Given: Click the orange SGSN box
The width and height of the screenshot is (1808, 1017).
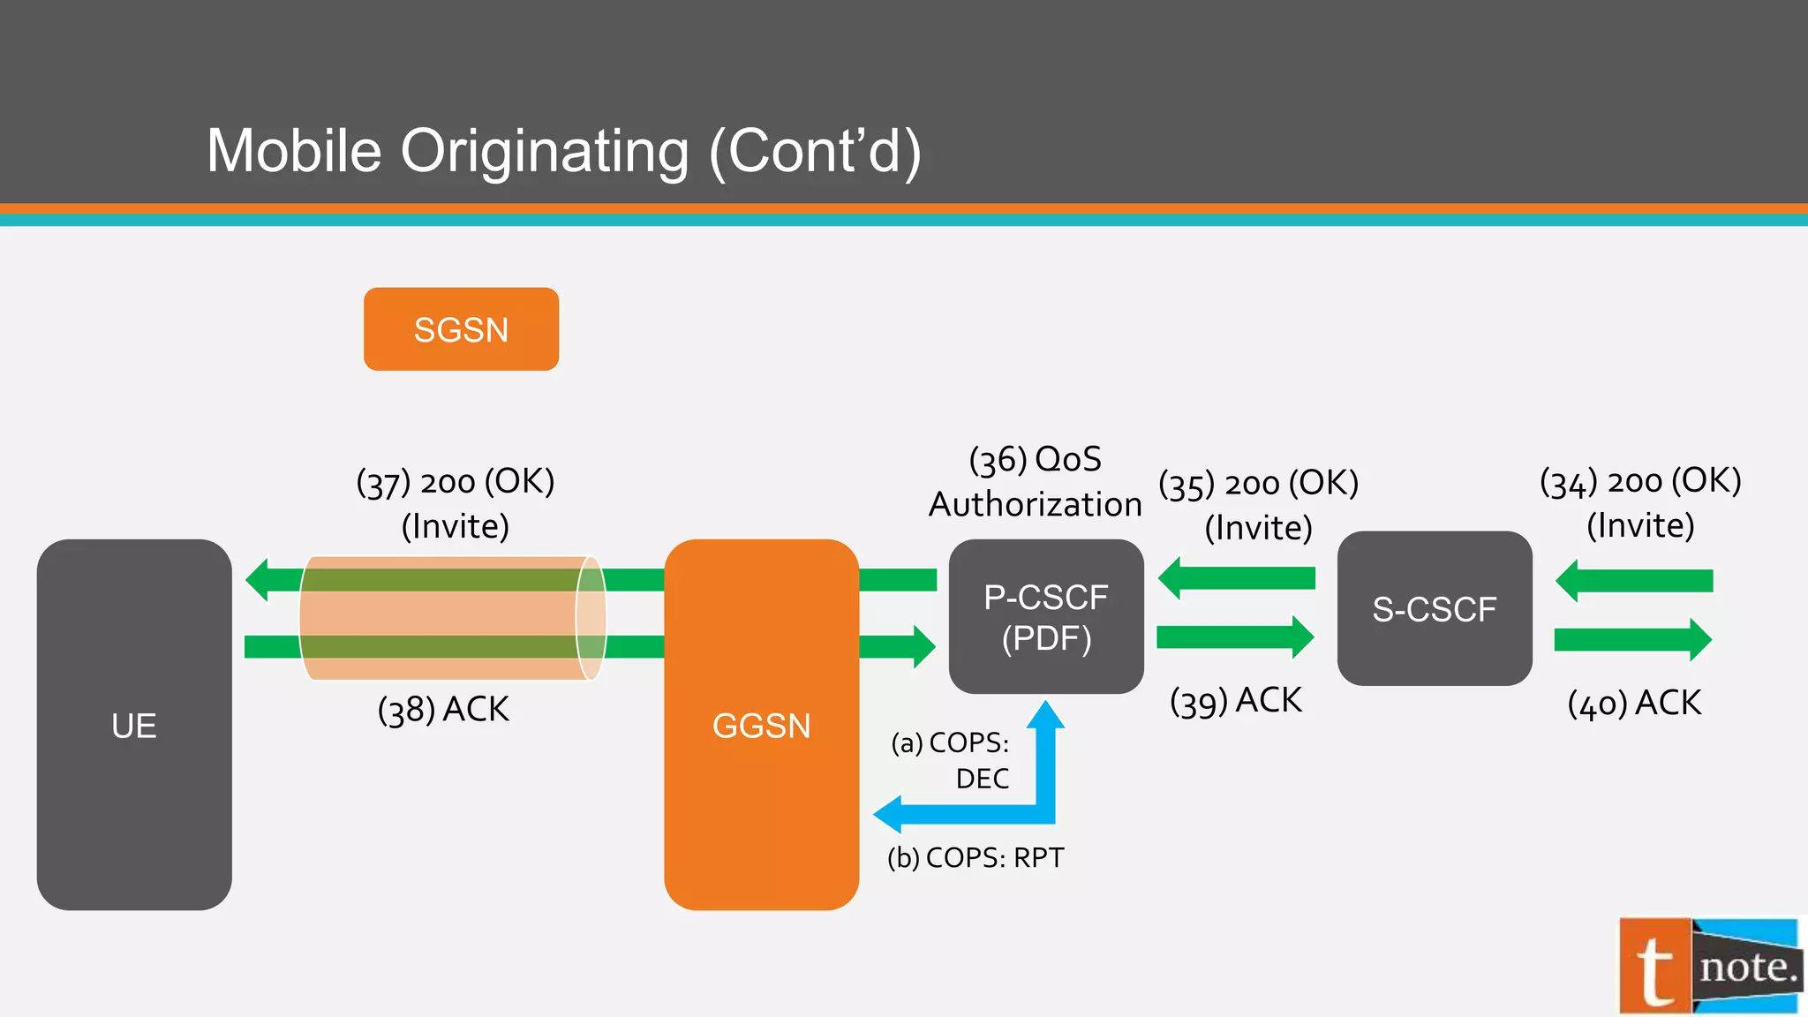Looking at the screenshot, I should click(x=461, y=329).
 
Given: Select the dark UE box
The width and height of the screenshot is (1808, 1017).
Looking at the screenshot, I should click(x=134, y=725).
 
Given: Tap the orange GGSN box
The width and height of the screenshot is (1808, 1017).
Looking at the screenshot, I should click(x=761, y=725).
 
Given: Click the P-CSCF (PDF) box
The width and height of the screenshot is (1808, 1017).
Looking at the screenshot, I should click(x=1046, y=617).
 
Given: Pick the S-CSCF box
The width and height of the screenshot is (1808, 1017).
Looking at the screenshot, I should click(x=1434, y=609).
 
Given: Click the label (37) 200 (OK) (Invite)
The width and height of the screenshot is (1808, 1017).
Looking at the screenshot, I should click(x=456, y=503).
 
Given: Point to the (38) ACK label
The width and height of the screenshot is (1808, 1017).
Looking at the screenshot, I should click(x=443, y=710).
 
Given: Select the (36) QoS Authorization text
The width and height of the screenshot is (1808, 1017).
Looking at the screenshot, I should click(x=1035, y=481).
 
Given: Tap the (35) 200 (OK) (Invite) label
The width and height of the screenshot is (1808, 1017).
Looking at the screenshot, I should click(x=1258, y=505).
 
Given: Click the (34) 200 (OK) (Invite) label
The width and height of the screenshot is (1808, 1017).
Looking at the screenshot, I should click(x=1640, y=502).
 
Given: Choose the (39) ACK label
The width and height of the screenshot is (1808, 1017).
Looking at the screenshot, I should click(x=1235, y=701).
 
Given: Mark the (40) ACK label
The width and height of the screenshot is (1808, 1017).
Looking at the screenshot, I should click(x=1634, y=704).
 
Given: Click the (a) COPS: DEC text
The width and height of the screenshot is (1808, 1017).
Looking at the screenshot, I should click(x=952, y=760).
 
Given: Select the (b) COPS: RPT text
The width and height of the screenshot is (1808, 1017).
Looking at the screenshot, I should click(x=976, y=858).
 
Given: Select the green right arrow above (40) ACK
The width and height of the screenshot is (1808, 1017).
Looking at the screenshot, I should click(x=1632, y=639).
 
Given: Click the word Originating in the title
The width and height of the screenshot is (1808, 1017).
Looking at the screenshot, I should click(x=545, y=151).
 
